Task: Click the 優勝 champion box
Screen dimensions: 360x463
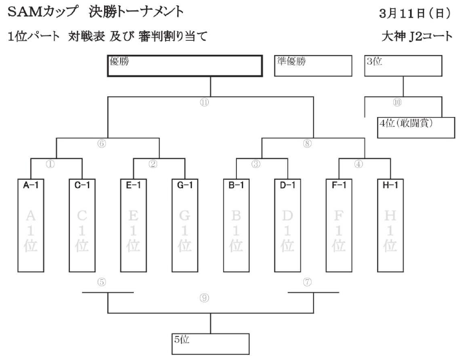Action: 184,66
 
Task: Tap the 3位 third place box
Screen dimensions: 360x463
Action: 403,66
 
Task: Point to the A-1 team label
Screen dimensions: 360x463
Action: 30,185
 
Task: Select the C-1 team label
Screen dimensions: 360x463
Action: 81,185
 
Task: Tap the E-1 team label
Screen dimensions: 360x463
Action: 133,185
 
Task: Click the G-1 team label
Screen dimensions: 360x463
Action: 184,185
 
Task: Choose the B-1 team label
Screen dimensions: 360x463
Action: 236,185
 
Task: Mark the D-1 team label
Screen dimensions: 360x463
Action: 287,185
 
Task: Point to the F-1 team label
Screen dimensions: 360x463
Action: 339,185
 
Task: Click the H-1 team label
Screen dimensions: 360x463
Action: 390,185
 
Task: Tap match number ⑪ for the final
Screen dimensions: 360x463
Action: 205,103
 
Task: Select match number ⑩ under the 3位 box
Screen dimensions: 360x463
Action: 397,103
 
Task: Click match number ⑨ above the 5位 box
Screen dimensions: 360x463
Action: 204,298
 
